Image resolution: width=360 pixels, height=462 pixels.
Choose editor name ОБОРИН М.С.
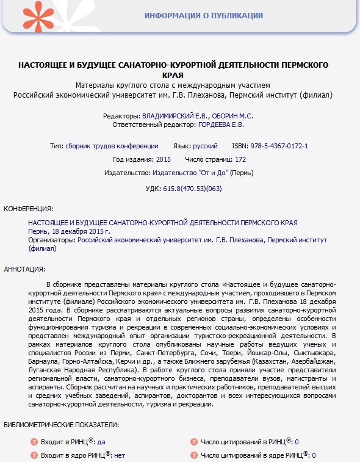[x=234, y=115]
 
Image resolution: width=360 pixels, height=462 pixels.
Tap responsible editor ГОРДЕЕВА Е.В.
[x=221, y=125]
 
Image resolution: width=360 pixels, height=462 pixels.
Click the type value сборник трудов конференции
[x=112, y=146]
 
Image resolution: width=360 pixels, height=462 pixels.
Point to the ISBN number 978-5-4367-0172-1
[x=279, y=146]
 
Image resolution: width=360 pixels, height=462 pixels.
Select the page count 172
[x=240, y=159]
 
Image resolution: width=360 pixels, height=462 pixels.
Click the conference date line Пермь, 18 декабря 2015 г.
[x=70, y=232]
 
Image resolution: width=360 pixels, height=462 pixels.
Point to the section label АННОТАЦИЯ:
[x=24, y=269]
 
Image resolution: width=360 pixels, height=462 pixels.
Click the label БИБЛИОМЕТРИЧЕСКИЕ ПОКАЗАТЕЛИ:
[x=61, y=424]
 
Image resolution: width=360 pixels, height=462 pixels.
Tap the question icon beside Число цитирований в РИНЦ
[x=193, y=442]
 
